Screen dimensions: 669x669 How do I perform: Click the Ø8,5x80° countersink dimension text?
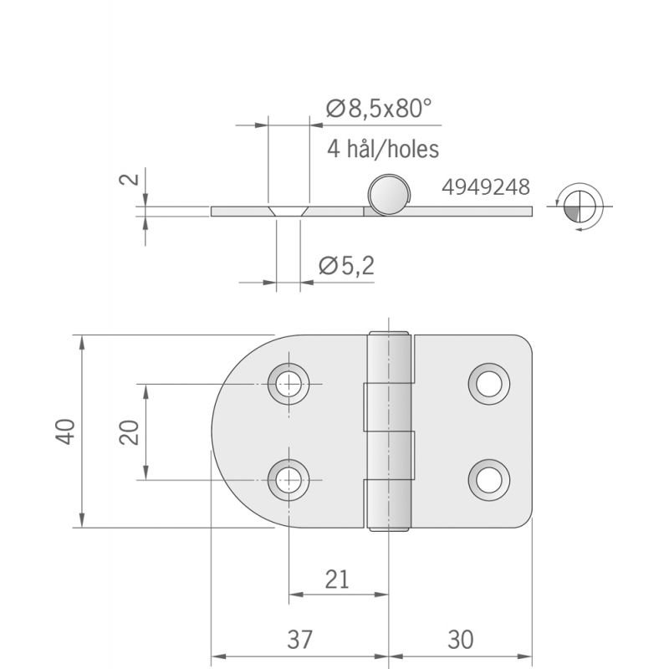(x=378, y=108)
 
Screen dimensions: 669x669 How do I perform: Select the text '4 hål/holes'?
(x=383, y=149)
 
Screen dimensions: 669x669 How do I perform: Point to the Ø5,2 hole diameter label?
(x=346, y=266)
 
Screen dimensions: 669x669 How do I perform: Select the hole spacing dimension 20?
(x=128, y=432)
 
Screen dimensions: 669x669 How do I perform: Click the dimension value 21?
(x=338, y=579)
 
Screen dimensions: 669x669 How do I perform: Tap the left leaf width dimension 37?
(x=299, y=640)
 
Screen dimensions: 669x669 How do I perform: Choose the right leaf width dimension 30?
(x=460, y=640)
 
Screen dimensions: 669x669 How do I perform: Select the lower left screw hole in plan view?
(x=289, y=479)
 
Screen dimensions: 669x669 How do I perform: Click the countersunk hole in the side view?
(x=289, y=210)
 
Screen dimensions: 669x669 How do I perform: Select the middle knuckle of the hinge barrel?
(x=388, y=432)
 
